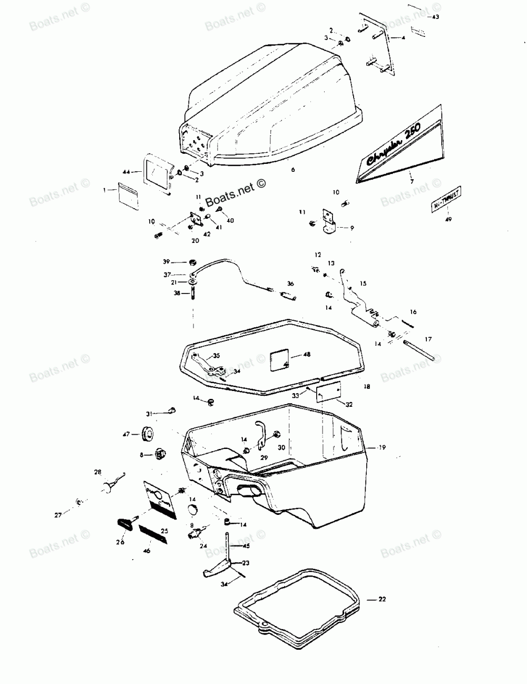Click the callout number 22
tap(382, 599)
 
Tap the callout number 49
tap(448, 220)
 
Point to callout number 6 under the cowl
tap(294, 170)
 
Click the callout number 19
tap(382, 447)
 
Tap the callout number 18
tap(367, 386)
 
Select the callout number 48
tap(307, 354)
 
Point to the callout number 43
tap(435, 17)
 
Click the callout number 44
tap(126, 172)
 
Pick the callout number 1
tap(105, 189)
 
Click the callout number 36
tap(290, 284)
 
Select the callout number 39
tap(166, 262)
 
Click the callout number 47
tap(126, 434)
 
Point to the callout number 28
tap(97, 472)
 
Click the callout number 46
tap(147, 551)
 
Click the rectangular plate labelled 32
tap(328, 393)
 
